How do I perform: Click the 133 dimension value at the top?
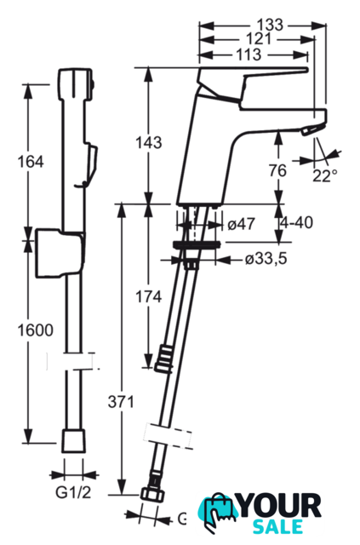[x=270, y=25]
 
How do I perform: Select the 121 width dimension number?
[x=258, y=39]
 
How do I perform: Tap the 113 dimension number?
[x=249, y=54]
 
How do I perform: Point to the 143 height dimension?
[x=149, y=142]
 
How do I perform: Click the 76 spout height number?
[x=277, y=170]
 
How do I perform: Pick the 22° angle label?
[x=324, y=176]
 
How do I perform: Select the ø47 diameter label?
[x=242, y=224]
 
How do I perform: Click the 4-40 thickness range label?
[x=296, y=223]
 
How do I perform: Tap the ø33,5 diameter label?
[x=266, y=259]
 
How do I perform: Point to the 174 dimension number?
[x=148, y=297]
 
